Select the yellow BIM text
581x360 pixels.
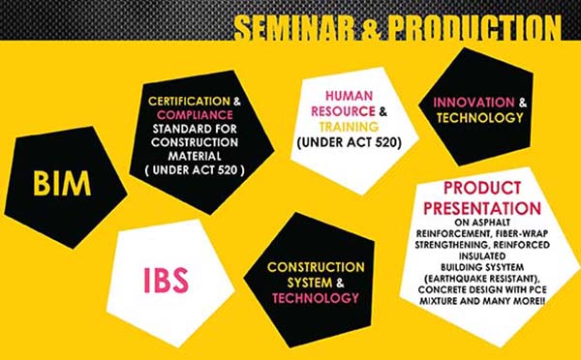[63, 183]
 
